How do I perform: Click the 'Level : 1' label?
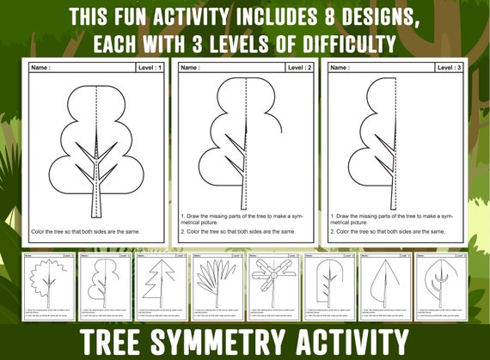150,66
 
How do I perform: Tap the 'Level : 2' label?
300,66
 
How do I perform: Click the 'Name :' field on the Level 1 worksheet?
41,66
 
